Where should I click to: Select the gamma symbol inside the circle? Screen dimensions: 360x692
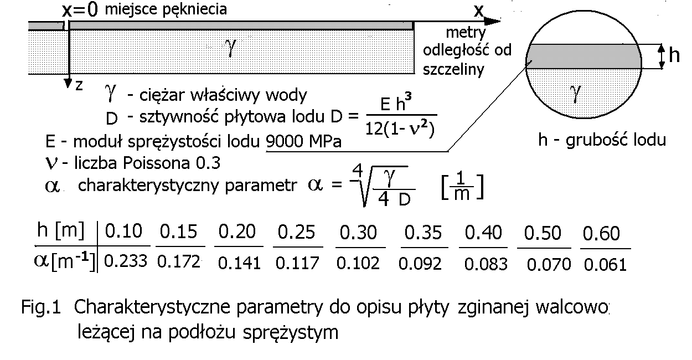(576, 94)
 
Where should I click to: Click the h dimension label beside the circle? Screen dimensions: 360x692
(674, 56)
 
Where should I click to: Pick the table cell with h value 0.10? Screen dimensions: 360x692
(123, 232)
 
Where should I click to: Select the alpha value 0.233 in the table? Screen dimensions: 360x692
(125, 261)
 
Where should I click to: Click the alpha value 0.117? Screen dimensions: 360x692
(298, 263)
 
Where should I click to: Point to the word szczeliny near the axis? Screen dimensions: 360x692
(453, 70)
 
